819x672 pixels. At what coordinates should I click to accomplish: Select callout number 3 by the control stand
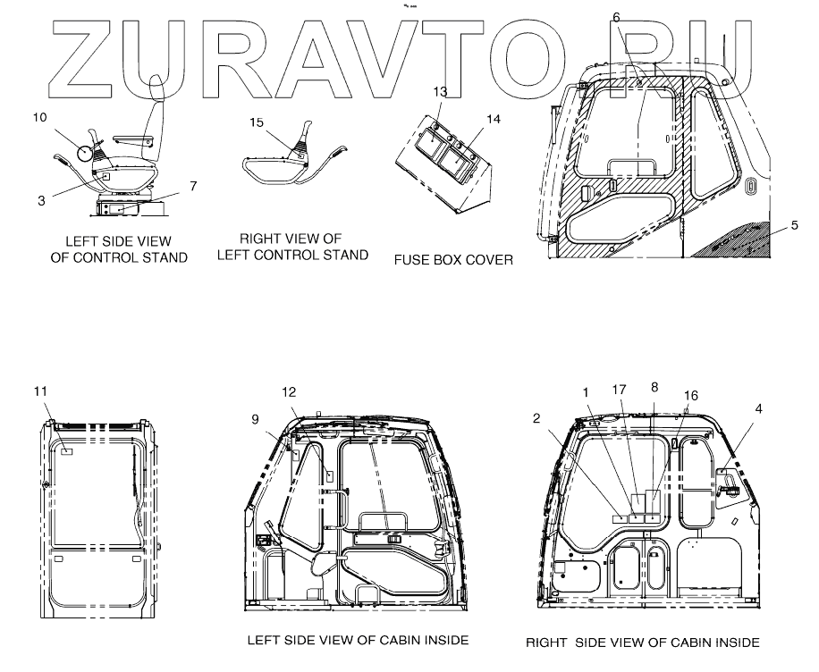(x=41, y=201)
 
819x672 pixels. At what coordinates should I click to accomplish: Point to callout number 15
(x=257, y=122)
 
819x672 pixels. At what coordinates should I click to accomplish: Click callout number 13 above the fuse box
(x=440, y=92)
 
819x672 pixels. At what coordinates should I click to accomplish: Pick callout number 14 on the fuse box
(x=494, y=119)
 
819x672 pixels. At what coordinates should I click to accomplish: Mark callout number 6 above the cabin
(x=616, y=17)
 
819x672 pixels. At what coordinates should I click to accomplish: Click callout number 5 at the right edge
(x=795, y=227)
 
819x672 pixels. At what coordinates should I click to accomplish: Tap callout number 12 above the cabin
(x=288, y=391)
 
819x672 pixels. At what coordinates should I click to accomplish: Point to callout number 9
(x=256, y=418)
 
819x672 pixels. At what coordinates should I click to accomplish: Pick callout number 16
(x=690, y=394)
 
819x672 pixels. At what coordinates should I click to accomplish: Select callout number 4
(x=758, y=408)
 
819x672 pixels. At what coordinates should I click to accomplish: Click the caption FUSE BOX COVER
(x=453, y=260)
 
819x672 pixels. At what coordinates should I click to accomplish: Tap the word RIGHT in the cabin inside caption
(x=545, y=643)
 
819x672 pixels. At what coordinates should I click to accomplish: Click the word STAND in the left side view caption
(x=165, y=258)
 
